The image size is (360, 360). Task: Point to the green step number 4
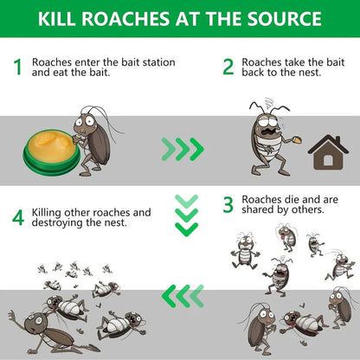click(x=16, y=218)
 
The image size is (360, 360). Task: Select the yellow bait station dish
click(x=51, y=141)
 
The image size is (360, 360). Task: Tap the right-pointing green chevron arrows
click(x=183, y=150)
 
